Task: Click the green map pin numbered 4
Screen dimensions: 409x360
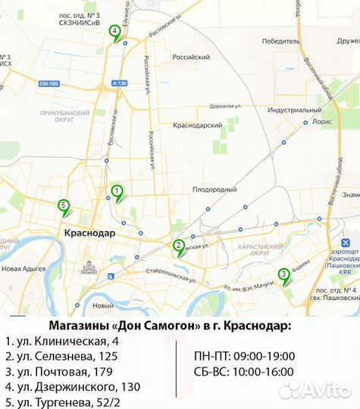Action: coord(114,33)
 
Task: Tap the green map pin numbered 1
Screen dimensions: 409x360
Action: coord(117,192)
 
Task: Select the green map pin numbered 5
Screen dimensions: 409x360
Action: coord(64,205)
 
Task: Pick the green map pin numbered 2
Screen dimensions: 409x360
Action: coord(178,245)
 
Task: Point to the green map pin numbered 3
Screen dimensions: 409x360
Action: coord(283,275)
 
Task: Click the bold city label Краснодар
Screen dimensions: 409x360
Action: coord(90,233)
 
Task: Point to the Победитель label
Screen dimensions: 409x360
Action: coord(280,42)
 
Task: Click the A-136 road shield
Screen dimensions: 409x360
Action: coord(117,82)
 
